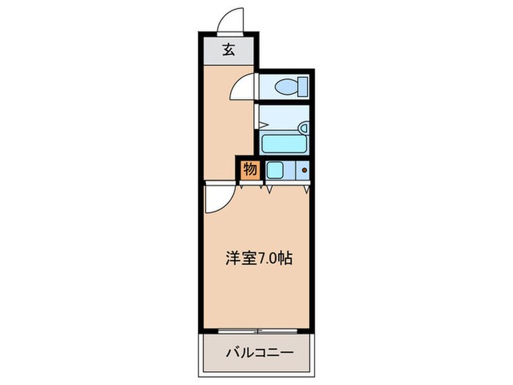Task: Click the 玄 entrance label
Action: [x=229, y=50]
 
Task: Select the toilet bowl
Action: [x=286, y=87]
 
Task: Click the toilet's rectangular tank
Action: [x=303, y=87]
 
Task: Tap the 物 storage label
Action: [x=250, y=170]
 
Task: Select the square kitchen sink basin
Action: [x=275, y=170]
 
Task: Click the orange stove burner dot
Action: [x=305, y=170]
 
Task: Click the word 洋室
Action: [x=240, y=259]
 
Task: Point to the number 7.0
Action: [x=266, y=259]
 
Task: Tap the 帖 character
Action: [x=284, y=259]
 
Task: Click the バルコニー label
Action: [x=259, y=353]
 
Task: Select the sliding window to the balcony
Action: [x=257, y=331]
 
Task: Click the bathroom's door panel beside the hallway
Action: [x=256, y=117]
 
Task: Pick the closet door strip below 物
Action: [x=251, y=183]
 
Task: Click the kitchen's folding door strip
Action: [x=287, y=183]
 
